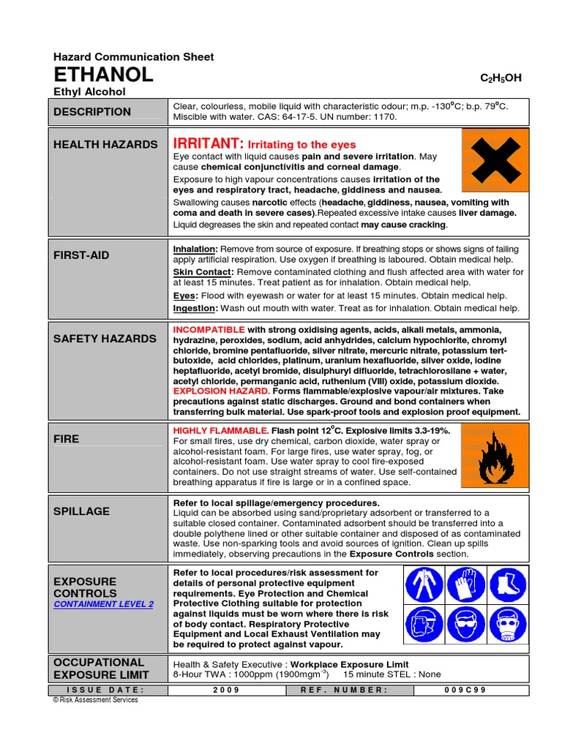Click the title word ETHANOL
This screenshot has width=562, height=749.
[103, 75]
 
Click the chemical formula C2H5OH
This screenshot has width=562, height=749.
[501, 78]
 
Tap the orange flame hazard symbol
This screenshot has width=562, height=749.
[495, 459]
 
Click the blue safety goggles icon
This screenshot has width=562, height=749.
[467, 628]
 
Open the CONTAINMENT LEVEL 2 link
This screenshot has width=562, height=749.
[103, 604]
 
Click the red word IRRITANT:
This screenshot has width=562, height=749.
[207, 143]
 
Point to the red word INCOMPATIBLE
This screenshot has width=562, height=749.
[209, 330]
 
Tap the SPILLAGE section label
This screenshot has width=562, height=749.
[81, 511]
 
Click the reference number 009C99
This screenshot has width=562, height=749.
[470, 690]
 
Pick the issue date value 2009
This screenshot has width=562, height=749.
[227, 690]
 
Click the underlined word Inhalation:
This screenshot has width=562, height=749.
[195, 249]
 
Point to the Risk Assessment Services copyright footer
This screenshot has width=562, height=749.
[95, 700]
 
